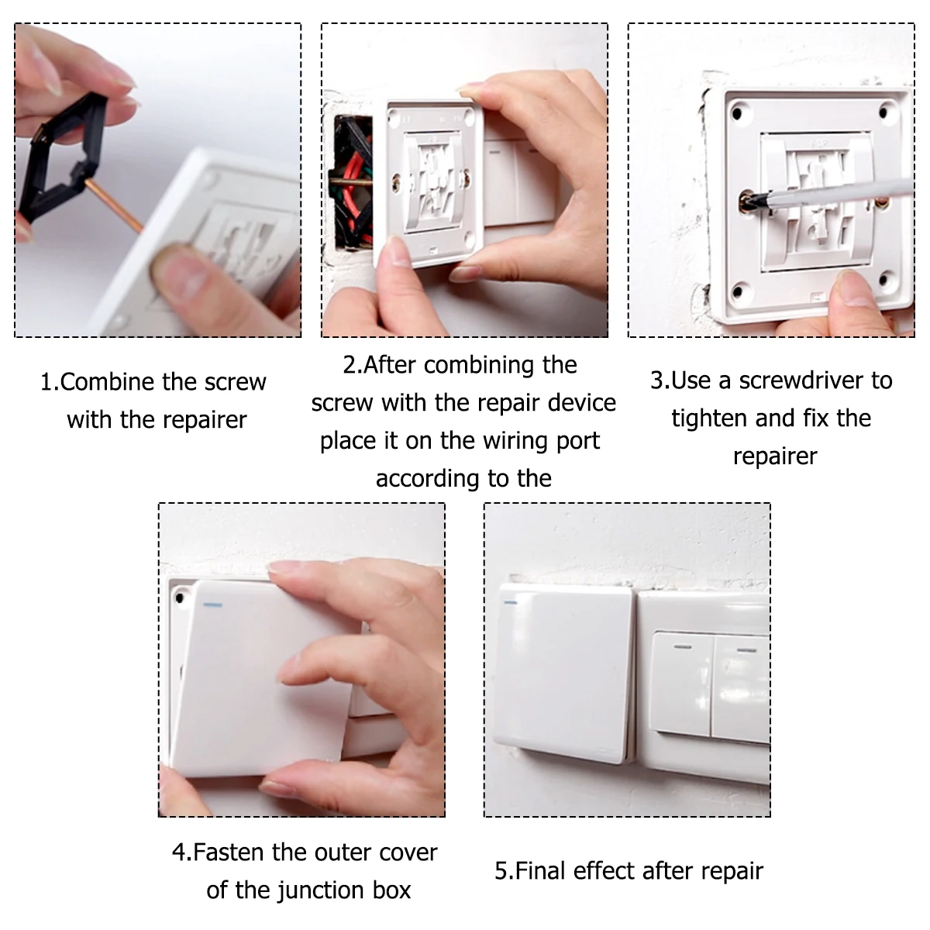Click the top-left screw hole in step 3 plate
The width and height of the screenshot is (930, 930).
coord(737,113)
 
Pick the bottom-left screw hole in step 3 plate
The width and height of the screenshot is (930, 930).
coord(737,292)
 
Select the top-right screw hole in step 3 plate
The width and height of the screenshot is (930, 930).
coord(883,112)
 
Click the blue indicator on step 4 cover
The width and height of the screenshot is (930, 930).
coord(213,604)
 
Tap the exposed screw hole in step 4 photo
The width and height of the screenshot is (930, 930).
coord(180,598)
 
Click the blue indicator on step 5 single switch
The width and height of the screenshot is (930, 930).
coord(510,602)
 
